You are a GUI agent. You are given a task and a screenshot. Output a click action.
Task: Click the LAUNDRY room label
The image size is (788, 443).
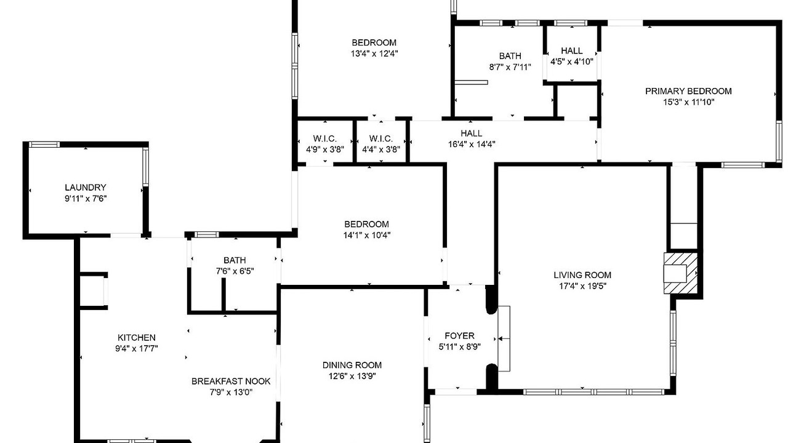coord(86,188)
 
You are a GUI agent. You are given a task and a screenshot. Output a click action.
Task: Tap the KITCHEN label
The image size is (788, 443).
coord(137,338)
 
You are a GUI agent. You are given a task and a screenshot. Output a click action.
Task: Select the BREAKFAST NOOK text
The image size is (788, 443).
coord(231,381)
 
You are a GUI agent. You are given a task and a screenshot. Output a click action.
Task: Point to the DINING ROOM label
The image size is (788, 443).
coord(352,365)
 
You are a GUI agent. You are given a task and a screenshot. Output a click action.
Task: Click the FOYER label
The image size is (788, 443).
coord(459,336)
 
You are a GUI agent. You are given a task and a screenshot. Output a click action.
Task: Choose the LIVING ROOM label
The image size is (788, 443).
coord(582,275)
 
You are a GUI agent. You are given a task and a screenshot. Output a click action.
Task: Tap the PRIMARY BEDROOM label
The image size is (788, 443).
coord(688,91)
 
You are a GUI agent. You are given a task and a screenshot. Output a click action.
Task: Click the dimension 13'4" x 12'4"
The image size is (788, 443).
coord(374,54)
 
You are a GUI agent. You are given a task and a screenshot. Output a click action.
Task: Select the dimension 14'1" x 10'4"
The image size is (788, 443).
coord(367,235)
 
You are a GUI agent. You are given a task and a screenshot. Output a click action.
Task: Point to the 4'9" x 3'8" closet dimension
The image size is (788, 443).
coord(325,150)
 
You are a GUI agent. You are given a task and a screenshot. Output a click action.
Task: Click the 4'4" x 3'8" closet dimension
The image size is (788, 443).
coord(381,150)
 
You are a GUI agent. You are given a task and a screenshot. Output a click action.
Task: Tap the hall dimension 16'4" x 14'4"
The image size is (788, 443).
coord(472,144)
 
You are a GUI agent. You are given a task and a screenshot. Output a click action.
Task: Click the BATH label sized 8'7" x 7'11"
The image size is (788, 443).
coord(510,56)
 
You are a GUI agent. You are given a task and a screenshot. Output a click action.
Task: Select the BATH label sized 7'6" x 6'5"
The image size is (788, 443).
coord(235,260)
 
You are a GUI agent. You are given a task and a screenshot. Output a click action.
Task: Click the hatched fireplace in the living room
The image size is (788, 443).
coord(680,273)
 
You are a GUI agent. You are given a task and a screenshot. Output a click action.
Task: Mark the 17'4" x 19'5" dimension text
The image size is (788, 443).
coord(582,286)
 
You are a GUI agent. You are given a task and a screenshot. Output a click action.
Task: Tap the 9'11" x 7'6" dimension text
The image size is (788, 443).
coord(86,199)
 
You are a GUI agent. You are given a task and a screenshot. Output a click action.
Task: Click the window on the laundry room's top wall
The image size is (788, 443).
coord(44,145)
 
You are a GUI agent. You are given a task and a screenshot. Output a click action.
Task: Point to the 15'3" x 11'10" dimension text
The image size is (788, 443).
coord(688,102)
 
